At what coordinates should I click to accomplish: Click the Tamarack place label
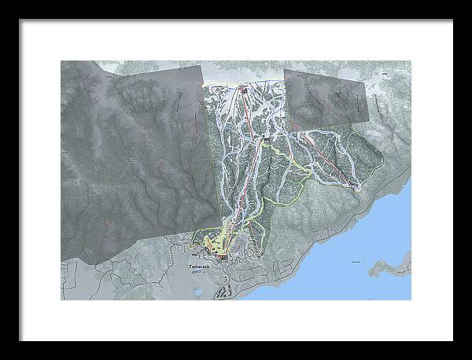(199, 267)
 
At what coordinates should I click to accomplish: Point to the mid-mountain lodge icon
(267, 140)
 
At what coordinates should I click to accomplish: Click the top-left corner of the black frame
(21, 20)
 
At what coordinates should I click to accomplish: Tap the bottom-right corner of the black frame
(452, 340)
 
